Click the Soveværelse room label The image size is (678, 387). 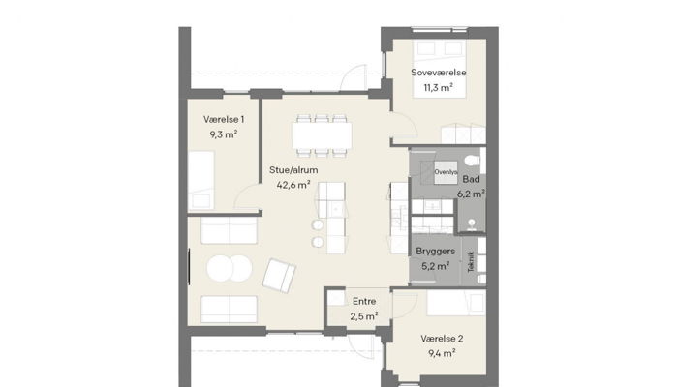click(x=440, y=72)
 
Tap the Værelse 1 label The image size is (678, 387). click(x=224, y=118)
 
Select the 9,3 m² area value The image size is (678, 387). click(x=224, y=134)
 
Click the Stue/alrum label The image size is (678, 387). click(x=293, y=169)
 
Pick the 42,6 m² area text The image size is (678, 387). click(x=293, y=185)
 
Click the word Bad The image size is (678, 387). click(x=471, y=179)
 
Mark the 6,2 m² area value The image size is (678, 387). click(x=472, y=193)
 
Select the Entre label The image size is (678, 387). click(x=364, y=301)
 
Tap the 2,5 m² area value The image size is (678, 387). click(x=364, y=316)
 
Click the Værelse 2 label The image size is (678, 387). click(x=442, y=339)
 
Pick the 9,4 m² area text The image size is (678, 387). click(x=442, y=354)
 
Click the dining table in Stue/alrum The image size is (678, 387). click(x=324, y=134)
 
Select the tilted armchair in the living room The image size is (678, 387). click(x=280, y=277)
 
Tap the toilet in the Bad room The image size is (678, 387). click(x=471, y=159)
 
